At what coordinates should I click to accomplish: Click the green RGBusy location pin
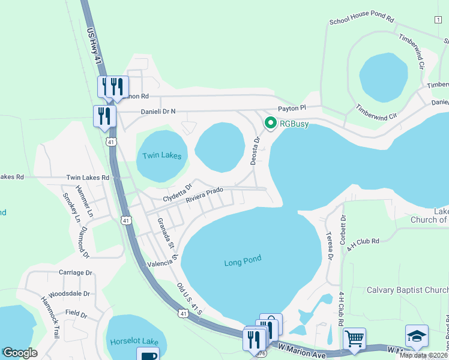pyautogui.click(x=270, y=124)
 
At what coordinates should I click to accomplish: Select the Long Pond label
pyautogui.click(x=243, y=262)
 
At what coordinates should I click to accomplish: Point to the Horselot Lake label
pyautogui.click(x=134, y=341)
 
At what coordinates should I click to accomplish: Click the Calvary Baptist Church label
pyautogui.click(x=408, y=290)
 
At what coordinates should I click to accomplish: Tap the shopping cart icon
pyautogui.click(x=354, y=340)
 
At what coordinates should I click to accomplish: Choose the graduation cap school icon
pyautogui.click(x=417, y=337)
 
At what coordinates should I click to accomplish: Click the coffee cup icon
pyautogui.click(x=148, y=355)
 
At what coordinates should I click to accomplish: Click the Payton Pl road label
pyautogui.click(x=292, y=108)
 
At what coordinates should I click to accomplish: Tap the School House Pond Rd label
pyautogui.click(x=361, y=21)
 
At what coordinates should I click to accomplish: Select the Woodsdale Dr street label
pyautogui.click(x=70, y=294)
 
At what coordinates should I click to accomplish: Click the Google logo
pyautogui.click(x=20, y=353)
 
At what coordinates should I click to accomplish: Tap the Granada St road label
pyautogui.click(x=166, y=233)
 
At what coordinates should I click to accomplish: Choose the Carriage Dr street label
pyautogui.click(x=76, y=272)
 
